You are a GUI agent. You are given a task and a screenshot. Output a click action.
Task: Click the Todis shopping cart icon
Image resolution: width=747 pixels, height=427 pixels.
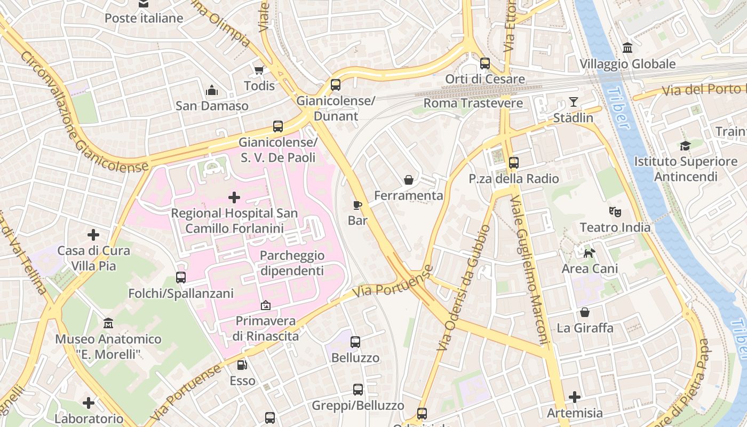click(259, 70)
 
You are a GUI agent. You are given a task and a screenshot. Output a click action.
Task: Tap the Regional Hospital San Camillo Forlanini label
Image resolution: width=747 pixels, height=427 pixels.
click(234, 220)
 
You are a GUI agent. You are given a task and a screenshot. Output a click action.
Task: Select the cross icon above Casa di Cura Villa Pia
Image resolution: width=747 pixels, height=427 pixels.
click(93, 234)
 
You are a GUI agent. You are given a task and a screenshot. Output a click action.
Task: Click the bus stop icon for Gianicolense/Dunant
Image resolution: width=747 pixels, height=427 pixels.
click(335, 84)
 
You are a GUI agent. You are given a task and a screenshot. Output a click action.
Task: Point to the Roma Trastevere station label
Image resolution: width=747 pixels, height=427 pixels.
click(473, 103)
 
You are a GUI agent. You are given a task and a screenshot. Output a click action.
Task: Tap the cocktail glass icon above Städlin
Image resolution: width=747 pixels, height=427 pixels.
click(574, 101)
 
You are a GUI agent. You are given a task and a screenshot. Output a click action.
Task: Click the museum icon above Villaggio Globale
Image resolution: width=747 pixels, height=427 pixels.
click(627, 48)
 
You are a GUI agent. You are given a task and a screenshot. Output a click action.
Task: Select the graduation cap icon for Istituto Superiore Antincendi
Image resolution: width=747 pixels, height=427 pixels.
click(685, 145)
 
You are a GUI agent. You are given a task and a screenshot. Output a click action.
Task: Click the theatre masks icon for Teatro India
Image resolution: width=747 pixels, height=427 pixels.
click(615, 212)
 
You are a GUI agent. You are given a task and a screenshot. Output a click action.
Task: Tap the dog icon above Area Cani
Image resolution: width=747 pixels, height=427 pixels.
click(589, 253)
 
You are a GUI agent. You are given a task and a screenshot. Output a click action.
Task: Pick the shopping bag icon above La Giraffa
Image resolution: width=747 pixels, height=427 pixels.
click(585, 312)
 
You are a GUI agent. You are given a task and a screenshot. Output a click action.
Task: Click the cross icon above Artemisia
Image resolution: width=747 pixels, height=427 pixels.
click(574, 397)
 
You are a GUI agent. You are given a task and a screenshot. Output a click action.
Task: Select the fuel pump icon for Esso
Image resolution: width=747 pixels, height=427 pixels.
click(242, 365)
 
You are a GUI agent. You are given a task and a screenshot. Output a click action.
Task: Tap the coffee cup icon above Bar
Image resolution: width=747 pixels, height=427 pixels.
click(357, 205)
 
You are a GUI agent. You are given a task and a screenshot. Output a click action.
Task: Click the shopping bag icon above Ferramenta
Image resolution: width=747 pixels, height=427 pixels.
click(409, 180)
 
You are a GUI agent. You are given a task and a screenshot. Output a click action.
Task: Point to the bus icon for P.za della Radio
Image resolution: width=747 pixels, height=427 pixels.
click(513, 162)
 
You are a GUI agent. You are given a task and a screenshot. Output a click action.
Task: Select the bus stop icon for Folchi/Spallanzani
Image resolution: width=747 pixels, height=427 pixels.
click(181, 278)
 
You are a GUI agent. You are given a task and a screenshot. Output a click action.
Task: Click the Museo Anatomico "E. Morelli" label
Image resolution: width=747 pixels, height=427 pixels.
click(108, 346)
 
